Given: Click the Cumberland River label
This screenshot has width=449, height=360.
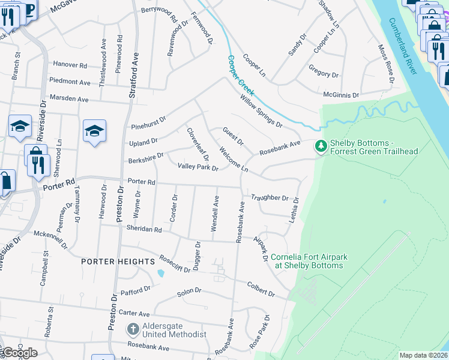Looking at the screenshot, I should coord(402,46).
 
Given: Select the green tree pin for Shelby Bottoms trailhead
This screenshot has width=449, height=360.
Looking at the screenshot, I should coord(321,146).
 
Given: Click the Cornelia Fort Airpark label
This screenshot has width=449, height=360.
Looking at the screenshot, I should coord(309,261).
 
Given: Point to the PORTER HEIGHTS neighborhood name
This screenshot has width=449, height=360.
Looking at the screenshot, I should coord(118,262).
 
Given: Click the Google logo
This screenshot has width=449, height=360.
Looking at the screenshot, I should coord(19,352).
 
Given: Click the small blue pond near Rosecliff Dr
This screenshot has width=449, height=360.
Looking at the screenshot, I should coord(160,273).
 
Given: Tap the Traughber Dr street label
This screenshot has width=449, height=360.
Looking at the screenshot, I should coord(270,197).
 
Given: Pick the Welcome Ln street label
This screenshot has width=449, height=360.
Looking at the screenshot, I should coord(234,159).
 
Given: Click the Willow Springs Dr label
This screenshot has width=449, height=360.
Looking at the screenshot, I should coord(261,112).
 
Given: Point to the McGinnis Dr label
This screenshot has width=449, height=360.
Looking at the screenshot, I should coord(340,95).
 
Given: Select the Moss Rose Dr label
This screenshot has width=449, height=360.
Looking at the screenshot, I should coord(386,63).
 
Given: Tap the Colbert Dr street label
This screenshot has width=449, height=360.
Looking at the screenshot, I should coord(261,289).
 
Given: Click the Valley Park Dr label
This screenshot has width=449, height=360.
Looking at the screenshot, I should coord(199,167).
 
